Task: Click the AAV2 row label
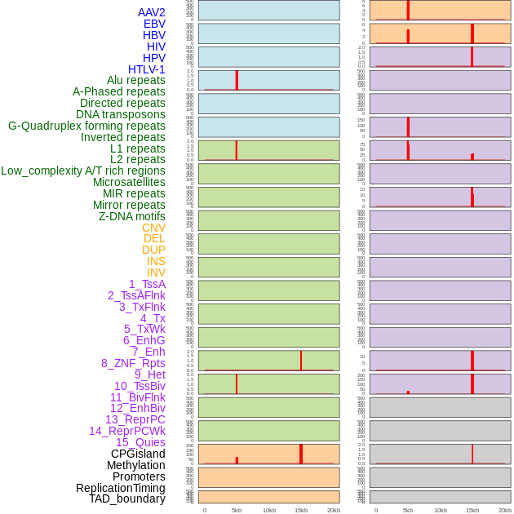(x=152, y=12)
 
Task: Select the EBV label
(x=154, y=24)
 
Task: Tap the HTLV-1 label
(x=147, y=69)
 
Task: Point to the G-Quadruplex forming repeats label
(x=86, y=126)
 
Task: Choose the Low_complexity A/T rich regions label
(x=83, y=171)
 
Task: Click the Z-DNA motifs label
(x=132, y=216)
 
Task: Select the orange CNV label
(x=153, y=228)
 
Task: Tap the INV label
(x=156, y=273)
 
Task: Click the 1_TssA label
(x=147, y=284)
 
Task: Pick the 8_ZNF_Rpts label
(x=133, y=363)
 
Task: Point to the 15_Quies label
(x=140, y=442)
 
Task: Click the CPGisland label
(x=138, y=454)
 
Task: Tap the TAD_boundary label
(x=127, y=498)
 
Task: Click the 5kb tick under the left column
(x=237, y=510)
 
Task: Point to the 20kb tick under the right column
(x=505, y=510)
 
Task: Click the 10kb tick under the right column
(x=441, y=510)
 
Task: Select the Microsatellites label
(x=129, y=182)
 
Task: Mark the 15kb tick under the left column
(x=301, y=510)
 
